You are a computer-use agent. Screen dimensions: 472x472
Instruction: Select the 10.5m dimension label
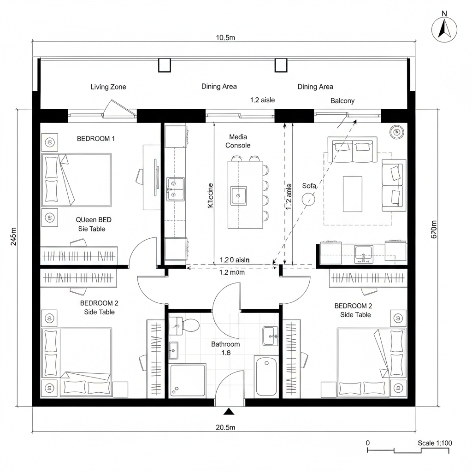click(x=225, y=38)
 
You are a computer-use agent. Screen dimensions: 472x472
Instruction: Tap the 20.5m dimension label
click(x=225, y=427)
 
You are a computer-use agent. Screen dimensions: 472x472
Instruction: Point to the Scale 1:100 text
click(x=435, y=443)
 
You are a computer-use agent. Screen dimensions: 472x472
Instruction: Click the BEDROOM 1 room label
click(x=96, y=138)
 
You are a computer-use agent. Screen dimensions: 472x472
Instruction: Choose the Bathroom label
click(x=225, y=344)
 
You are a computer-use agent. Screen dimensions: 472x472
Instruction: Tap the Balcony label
click(x=342, y=100)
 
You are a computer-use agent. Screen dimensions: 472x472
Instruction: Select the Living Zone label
click(x=108, y=87)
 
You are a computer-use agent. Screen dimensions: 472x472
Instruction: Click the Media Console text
click(x=238, y=141)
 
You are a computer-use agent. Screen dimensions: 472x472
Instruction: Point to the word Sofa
click(x=309, y=186)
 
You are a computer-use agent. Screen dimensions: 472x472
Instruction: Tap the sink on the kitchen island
click(x=238, y=195)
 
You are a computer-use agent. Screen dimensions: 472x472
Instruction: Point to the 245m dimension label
click(x=14, y=236)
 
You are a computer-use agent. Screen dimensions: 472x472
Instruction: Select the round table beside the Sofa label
click(x=308, y=200)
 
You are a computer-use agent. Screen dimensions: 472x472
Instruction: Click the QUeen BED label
click(x=94, y=220)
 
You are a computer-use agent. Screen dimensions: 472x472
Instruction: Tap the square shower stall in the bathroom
click(x=187, y=380)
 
